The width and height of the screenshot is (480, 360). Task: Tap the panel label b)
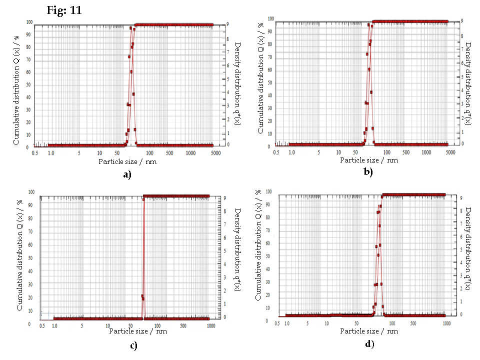click(368, 172)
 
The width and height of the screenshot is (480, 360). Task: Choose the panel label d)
click(369, 343)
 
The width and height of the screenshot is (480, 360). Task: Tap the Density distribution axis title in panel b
click(468, 83)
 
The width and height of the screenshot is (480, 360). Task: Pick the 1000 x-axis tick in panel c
click(210, 325)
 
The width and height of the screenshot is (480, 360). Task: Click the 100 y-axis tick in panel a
click(30, 22)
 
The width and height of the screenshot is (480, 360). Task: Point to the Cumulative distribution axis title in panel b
click(260, 83)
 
